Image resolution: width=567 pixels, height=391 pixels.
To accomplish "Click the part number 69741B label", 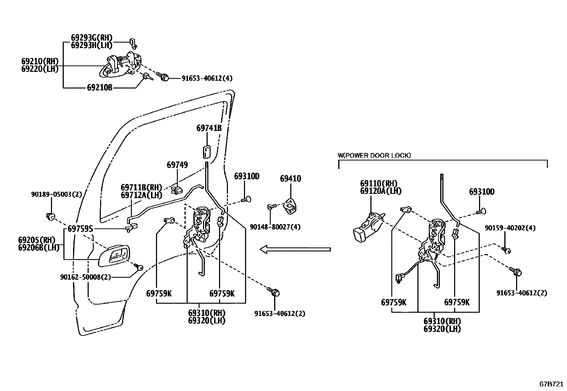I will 209,128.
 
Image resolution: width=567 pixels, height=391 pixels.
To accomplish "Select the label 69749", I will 177,165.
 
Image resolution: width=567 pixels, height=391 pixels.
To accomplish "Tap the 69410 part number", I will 290,179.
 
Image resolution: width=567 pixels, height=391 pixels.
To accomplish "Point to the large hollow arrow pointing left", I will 295,249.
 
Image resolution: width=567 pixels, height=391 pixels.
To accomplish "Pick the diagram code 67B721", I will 551,385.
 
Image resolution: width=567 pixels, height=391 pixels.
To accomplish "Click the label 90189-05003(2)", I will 57,194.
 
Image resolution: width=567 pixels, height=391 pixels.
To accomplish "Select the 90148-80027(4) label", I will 275,227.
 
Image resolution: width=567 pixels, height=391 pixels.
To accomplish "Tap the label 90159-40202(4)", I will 510,228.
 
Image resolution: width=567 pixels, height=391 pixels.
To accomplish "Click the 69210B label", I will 99,87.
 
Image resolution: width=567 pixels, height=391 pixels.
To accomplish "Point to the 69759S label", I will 80,229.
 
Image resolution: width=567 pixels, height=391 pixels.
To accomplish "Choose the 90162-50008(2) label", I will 85,276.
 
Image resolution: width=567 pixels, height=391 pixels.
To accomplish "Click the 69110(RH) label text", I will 378,184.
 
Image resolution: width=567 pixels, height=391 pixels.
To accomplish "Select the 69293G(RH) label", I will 92,37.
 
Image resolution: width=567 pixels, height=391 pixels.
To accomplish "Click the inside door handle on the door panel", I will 114,255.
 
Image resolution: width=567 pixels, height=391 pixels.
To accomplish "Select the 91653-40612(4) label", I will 207,78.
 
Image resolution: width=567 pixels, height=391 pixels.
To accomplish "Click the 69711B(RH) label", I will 141,187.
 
